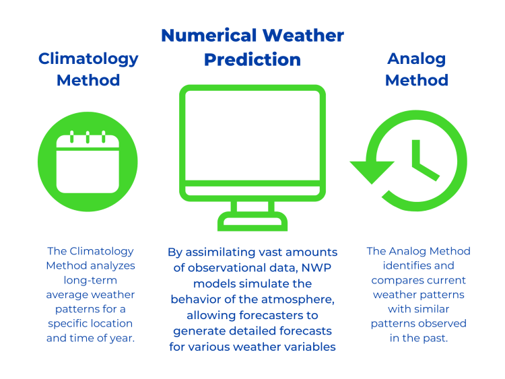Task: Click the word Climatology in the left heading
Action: (x=88, y=59)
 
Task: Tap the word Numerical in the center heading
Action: (x=209, y=36)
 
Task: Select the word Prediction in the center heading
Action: (x=252, y=59)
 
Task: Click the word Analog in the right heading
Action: (x=416, y=59)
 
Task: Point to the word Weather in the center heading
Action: (x=303, y=36)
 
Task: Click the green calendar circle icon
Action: (x=88, y=162)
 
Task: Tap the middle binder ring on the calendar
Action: (x=88, y=137)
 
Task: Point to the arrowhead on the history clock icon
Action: (x=372, y=171)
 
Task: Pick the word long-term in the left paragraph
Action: (x=90, y=281)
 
